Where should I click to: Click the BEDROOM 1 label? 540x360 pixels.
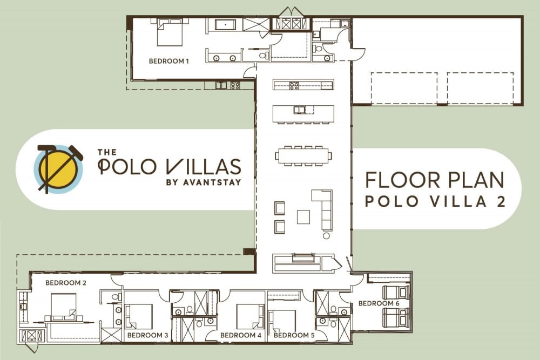click(168, 62)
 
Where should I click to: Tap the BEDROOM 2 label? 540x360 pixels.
click(66, 283)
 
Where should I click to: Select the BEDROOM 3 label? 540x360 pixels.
click(147, 335)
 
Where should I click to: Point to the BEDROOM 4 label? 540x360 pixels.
click(241, 335)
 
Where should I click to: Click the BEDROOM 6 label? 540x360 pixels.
click(379, 303)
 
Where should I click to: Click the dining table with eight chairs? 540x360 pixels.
click(303, 155)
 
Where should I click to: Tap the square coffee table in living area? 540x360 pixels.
click(303, 217)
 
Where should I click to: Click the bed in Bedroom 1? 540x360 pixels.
click(170, 32)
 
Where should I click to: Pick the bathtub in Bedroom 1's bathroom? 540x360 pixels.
click(225, 25)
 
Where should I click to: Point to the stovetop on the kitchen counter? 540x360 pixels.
click(294, 85)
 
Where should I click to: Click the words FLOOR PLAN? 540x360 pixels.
click(435, 180)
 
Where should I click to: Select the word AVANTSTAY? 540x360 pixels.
click(212, 182)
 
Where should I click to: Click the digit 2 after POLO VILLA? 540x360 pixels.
click(501, 201)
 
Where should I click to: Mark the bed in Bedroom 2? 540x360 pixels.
click(64, 307)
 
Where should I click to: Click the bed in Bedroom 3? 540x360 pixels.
click(139, 317)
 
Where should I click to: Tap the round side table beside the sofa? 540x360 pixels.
click(326, 236)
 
